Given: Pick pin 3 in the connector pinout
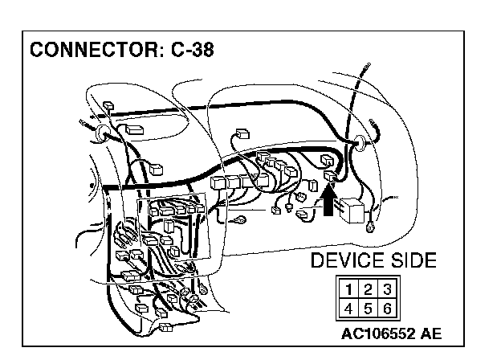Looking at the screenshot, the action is (x=387, y=288).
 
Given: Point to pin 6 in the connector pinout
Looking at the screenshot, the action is (x=387, y=306).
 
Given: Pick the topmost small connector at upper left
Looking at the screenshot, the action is (x=108, y=104).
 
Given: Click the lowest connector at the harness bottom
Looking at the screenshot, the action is (x=166, y=327).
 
